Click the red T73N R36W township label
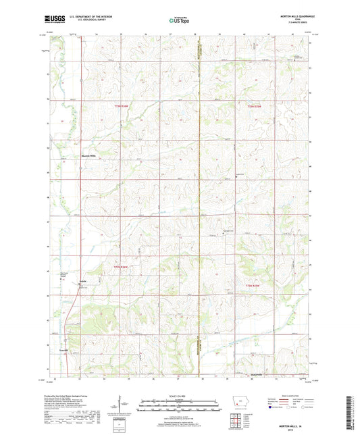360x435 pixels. click(x=120, y=106)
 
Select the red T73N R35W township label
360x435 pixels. click(x=253, y=106)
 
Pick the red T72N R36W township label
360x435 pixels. click(x=120, y=267)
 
